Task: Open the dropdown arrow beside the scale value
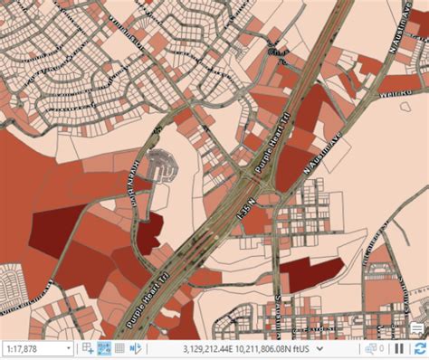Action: [x=68, y=348]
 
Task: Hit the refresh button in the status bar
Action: [x=419, y=348]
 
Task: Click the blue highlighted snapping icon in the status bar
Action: [x=104, y=348]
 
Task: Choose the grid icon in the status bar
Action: [x=119, y=348]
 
